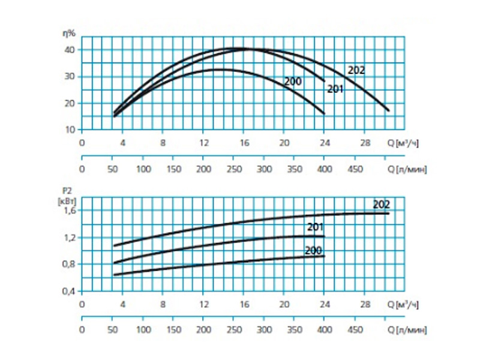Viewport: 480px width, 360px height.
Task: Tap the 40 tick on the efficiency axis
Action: click(x=70, y=50)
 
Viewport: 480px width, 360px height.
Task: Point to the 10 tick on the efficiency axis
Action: click(x=70, y=130)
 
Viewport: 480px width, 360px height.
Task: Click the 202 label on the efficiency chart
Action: click(x=356, y=70)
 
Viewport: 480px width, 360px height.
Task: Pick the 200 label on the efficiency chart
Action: click(x=292, y=82)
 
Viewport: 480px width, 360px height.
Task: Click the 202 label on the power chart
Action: click(x=382, y=205)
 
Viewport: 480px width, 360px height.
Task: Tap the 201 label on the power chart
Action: click(x=316, y=227)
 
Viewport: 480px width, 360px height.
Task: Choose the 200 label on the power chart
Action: click(x=313, y=251)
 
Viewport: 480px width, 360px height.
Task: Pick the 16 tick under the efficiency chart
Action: click(x=244, y=143)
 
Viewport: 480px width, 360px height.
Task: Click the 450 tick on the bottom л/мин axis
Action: click(x=356, y=329)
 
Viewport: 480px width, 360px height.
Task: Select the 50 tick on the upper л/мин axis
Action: click(x=112, y=169)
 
